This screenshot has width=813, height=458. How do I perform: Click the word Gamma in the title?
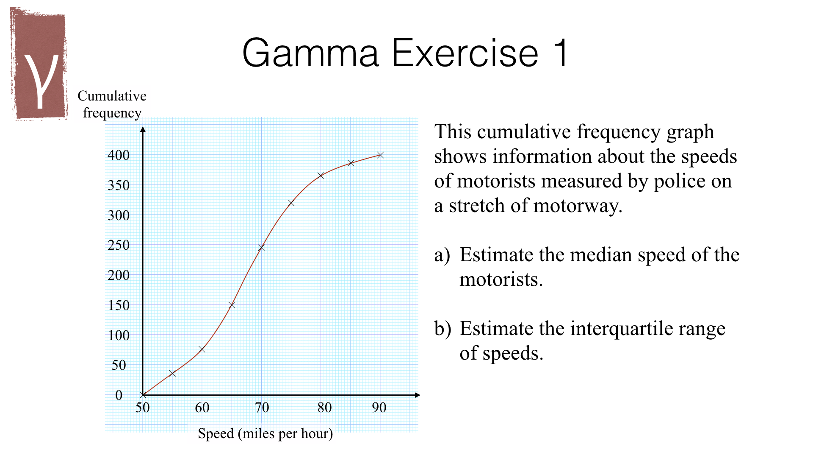[310, 53]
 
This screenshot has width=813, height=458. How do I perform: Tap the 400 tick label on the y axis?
[119, 155]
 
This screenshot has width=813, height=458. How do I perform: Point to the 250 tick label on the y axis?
[119, 245]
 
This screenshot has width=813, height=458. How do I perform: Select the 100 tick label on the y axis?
[119, 335]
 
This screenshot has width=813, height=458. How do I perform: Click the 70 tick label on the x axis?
[262, 408]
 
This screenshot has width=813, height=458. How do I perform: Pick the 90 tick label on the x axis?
[379, 408]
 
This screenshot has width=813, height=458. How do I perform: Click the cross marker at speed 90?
[380, 155]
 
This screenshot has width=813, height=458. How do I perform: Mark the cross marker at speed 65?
[232, 305]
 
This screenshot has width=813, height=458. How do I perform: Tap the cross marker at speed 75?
[291, 203]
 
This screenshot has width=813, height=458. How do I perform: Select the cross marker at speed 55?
[172, 373]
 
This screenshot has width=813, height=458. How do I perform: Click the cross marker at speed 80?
[321, 176]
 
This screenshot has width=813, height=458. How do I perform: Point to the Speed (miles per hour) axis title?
[265, 433]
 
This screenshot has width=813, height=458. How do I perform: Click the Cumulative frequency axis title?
[112, 104]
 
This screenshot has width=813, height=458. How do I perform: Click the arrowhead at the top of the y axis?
[143, 129]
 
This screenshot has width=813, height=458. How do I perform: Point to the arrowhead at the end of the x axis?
[418, 395]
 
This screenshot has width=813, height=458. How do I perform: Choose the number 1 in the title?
[561, 53]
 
